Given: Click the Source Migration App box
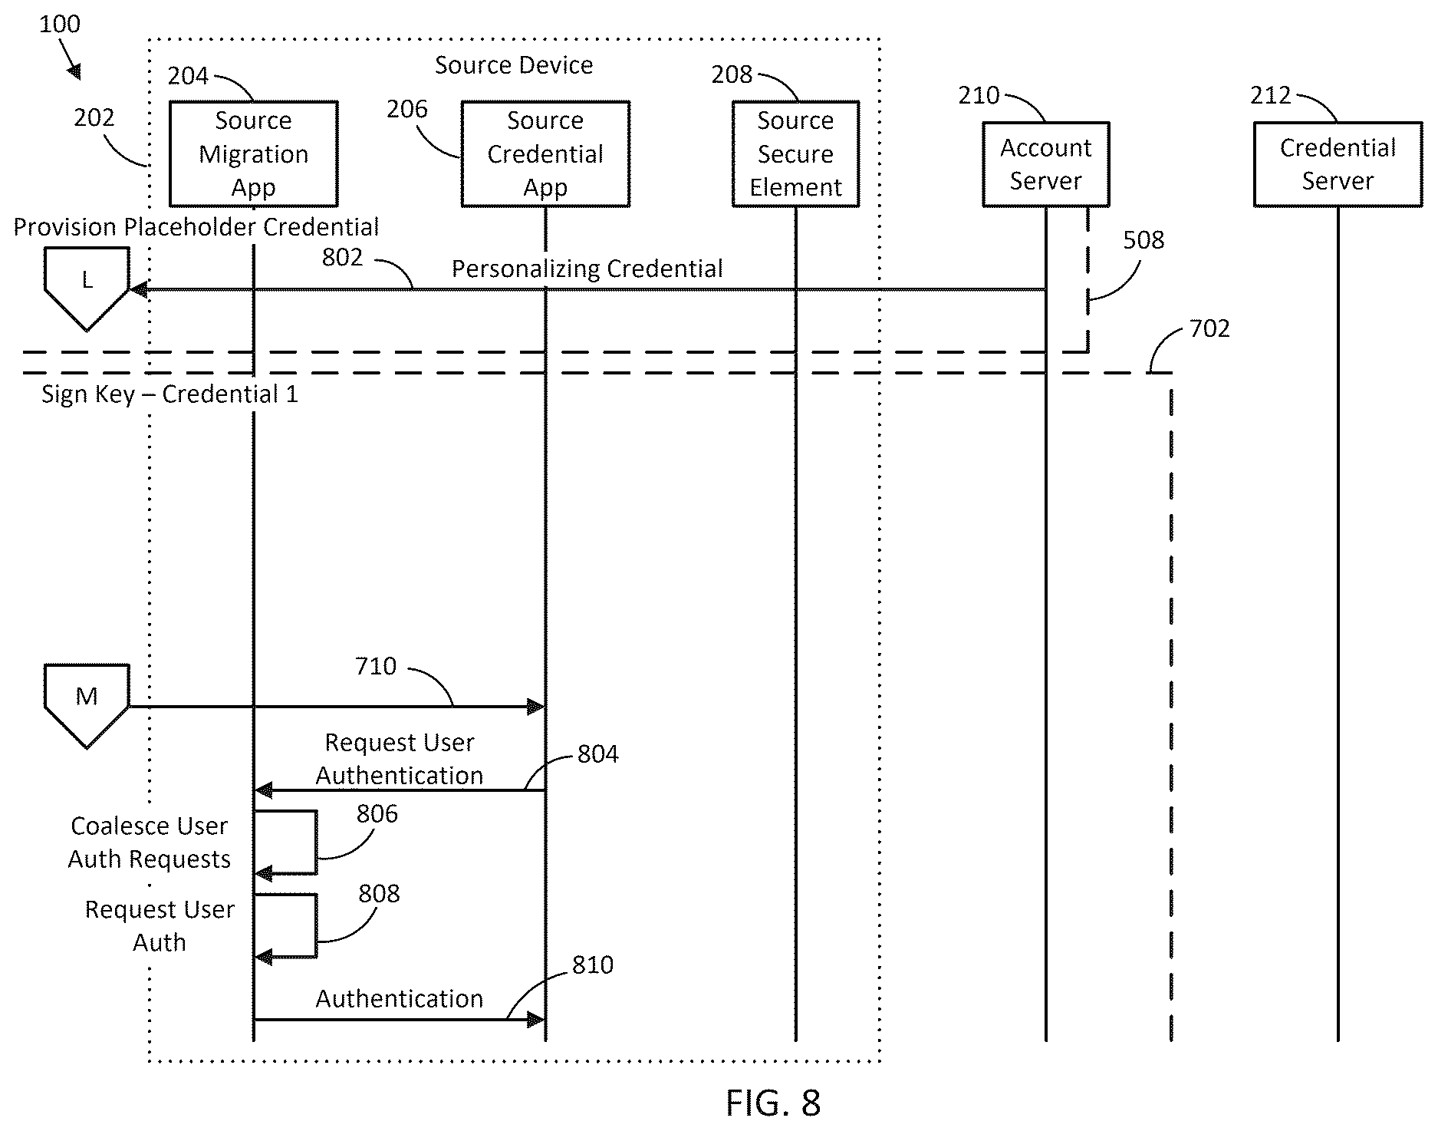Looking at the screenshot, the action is tap(253, 153).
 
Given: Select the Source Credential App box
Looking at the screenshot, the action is tap(545, 153).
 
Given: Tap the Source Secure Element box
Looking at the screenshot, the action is tap(795, 153).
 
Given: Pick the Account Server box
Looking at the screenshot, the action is tap(1045, 164).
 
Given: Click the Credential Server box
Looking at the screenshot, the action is tap(1338, 164).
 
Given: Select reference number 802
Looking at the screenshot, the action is tap(342, 257).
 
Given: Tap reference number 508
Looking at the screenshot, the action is tap(1143, 240).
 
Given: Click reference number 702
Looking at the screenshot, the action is tap(1209, 328).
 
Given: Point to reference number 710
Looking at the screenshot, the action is tap(376, 666).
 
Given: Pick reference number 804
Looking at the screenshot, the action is tap(598, 754).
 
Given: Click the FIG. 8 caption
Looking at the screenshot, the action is tap(773, 1103).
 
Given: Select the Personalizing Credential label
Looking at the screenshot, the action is tap(587, 269).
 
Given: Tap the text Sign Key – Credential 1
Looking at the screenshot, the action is tap(169, 394).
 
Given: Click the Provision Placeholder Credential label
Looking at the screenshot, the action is tap(196, 227).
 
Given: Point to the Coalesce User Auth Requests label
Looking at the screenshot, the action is tap(150, 842).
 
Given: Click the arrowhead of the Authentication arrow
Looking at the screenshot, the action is tap(537, 1020).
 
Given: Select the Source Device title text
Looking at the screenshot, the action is tap(514, 65).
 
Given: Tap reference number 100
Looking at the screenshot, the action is tap(60, 24).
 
